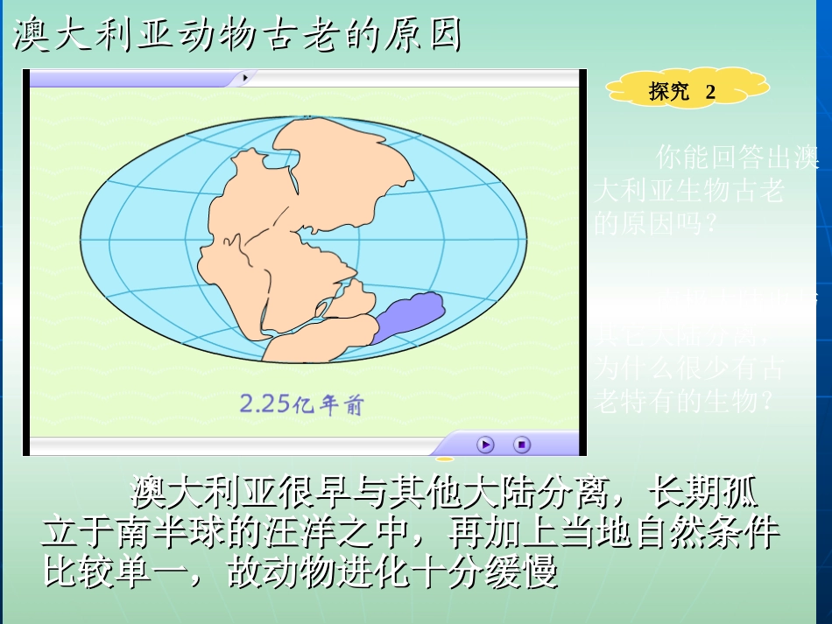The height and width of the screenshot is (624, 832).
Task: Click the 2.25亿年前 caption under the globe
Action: coord(300,404)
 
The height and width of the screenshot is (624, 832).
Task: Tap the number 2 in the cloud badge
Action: coord(710,92)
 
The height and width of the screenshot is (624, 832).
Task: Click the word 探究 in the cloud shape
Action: coord(669,92)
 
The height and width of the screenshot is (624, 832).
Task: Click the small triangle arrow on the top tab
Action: coord(245,78)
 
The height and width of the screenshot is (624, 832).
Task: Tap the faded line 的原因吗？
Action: coord(656,223)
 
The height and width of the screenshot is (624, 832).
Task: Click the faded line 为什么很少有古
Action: coord(688,368)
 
